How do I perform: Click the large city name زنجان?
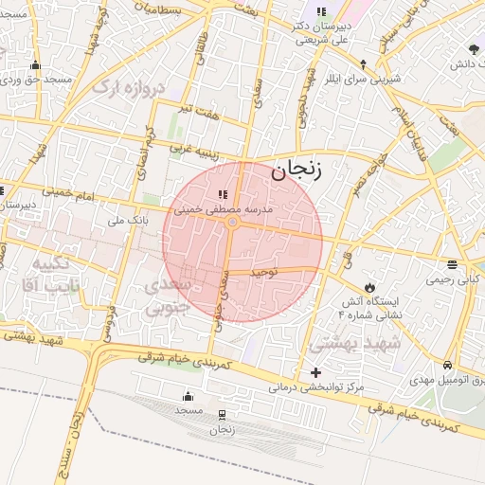296,171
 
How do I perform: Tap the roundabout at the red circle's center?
232,223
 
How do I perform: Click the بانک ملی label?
129,221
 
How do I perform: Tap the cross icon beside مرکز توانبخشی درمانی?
315,373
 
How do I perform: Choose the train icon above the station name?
222,415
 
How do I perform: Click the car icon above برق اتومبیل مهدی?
446,366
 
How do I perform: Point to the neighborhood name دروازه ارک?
135,88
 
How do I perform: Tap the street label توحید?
263,272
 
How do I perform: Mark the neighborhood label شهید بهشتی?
346,342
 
